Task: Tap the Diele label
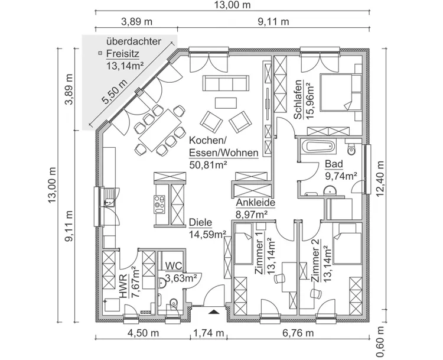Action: coord(201,223)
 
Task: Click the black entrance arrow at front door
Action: coord(214,309)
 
